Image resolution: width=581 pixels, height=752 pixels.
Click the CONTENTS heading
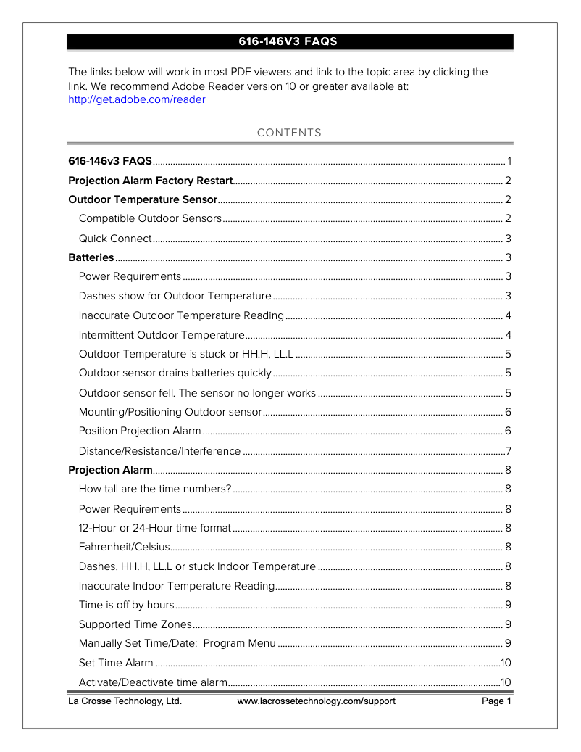pyautogui.click(x=289, y=133)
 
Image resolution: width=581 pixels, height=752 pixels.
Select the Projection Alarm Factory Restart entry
pyautogui.click(x=150, y=181)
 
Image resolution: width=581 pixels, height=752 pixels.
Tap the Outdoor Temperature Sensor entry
pyautogui.click(x=142, y=199)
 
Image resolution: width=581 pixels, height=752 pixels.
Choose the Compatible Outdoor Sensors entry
pyautogui.click(x=150, y=219)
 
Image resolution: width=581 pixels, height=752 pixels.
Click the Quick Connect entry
pyautogui.click(x=115, y=239)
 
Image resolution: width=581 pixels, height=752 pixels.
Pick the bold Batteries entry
pyautogui.click(x=91, y=257)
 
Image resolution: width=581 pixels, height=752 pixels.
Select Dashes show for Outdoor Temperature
pyautogui.click(x=175, y=296)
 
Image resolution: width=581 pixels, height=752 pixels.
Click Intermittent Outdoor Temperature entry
pyautogui.click(x=162, y=334)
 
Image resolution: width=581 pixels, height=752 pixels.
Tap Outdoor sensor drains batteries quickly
pyautogui.click(x=175, y=373)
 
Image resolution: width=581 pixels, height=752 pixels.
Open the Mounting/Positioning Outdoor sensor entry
pyautogui.click(x=170, y=412)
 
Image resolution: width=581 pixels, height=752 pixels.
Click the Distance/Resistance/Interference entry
pyautogui.click(x=159, y=451)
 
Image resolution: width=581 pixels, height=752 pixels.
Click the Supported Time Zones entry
pyautogui.click(x=135, y=624)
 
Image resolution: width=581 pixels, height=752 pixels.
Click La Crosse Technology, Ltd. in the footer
pyautogui.click(x=125, y=701)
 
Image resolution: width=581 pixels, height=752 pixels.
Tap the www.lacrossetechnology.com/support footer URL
pyautogui.click(x=316, y=701)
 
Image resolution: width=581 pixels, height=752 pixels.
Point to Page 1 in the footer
pyautogui.click(x=497, y=701)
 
